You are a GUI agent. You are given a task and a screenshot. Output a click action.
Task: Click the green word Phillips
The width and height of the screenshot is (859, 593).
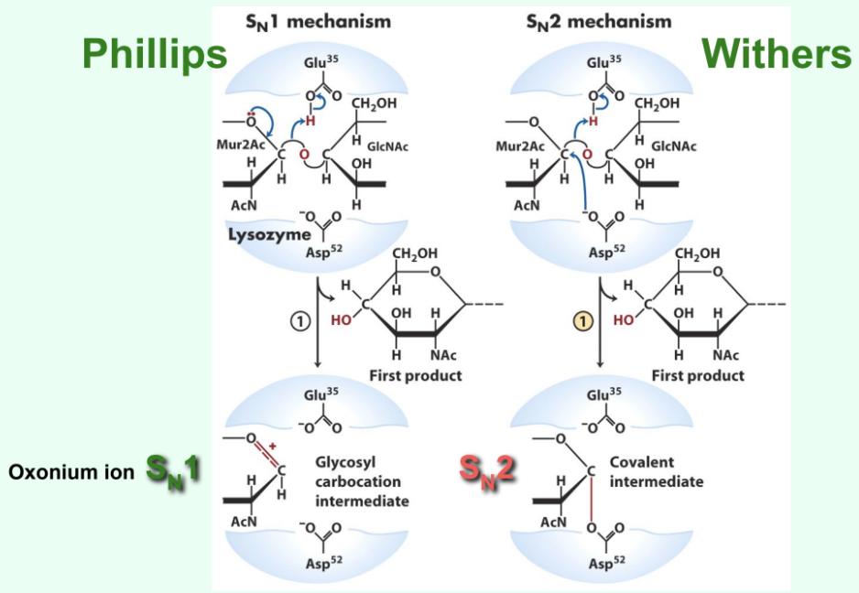point(154,54)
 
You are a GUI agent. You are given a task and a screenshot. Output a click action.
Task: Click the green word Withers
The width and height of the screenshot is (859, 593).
point(777,54)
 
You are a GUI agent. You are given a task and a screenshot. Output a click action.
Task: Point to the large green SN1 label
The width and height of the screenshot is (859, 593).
point(173,472)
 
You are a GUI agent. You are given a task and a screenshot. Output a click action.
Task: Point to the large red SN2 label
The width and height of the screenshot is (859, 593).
point(486,472)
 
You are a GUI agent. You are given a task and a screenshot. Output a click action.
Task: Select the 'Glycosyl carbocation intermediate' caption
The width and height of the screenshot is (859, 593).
point(362,481)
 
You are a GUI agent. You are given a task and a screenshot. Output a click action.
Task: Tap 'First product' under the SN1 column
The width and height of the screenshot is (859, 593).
point(415,375)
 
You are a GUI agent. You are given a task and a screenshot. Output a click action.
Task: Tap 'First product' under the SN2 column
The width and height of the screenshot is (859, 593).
point(698,375)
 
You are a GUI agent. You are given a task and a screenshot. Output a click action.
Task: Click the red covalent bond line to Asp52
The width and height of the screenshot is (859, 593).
point(591,499)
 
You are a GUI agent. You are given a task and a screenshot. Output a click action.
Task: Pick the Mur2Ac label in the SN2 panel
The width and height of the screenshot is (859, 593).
point(520,146)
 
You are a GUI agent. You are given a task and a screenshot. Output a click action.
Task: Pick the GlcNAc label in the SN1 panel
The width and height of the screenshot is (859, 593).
point(391,146)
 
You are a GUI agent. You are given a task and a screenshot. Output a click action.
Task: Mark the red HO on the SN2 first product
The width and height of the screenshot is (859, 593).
point(625,321)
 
